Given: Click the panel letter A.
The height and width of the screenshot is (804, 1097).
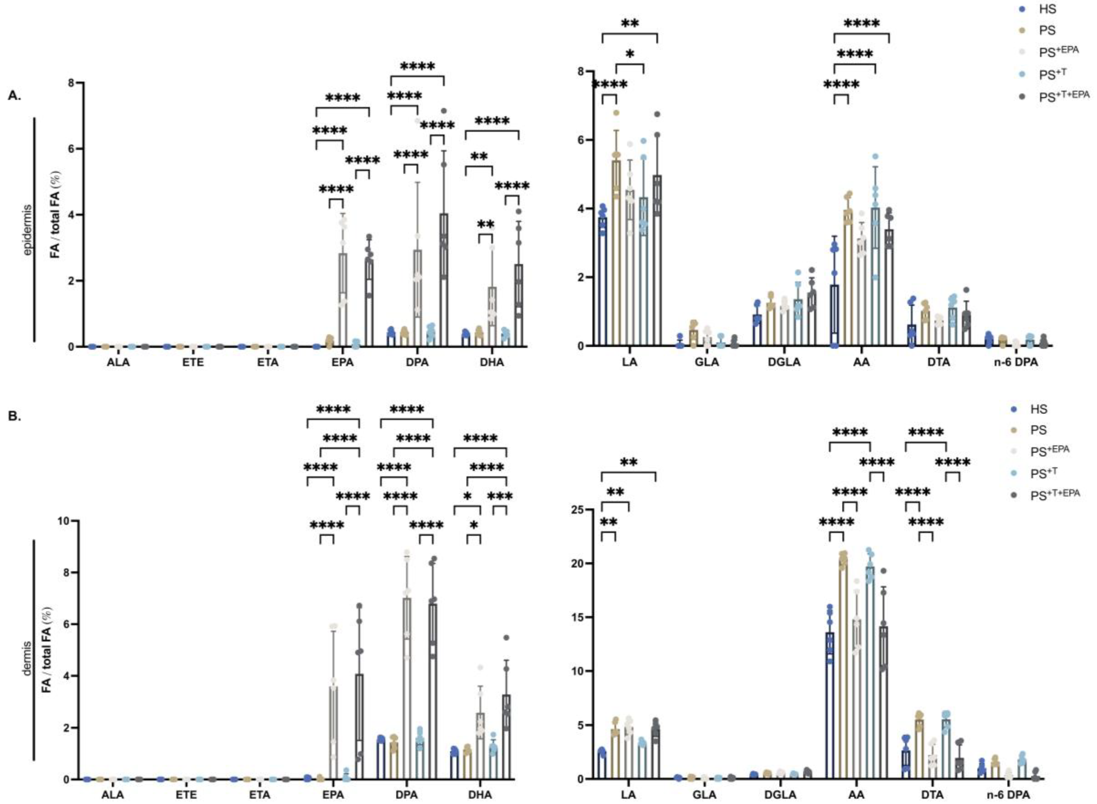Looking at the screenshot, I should (x=15, y=96).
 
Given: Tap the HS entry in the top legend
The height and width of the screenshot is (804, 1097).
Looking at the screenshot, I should (x=1047, y=9).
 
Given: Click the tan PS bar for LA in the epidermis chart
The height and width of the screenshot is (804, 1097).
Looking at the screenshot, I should (x=616, y=253).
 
